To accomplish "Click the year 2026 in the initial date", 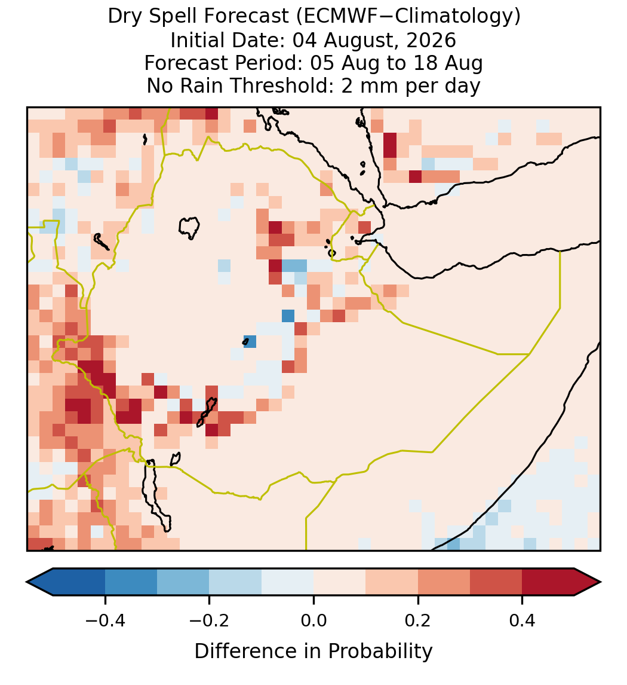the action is point(431,40).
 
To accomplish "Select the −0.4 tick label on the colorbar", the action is point(105,620).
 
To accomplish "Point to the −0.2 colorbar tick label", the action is point(210,620).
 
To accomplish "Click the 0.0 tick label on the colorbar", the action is point(314,620).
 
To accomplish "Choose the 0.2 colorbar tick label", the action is point(418,620).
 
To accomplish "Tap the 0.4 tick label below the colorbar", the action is point(522,620).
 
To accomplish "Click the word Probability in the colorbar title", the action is point(380,652).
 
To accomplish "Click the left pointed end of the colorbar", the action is point(27,582).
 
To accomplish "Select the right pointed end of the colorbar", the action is point(601,582).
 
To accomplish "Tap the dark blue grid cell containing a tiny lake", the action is point(250,341).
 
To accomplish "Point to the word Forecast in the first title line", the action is point(246,17).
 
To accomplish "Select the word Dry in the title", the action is point(125,17).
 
